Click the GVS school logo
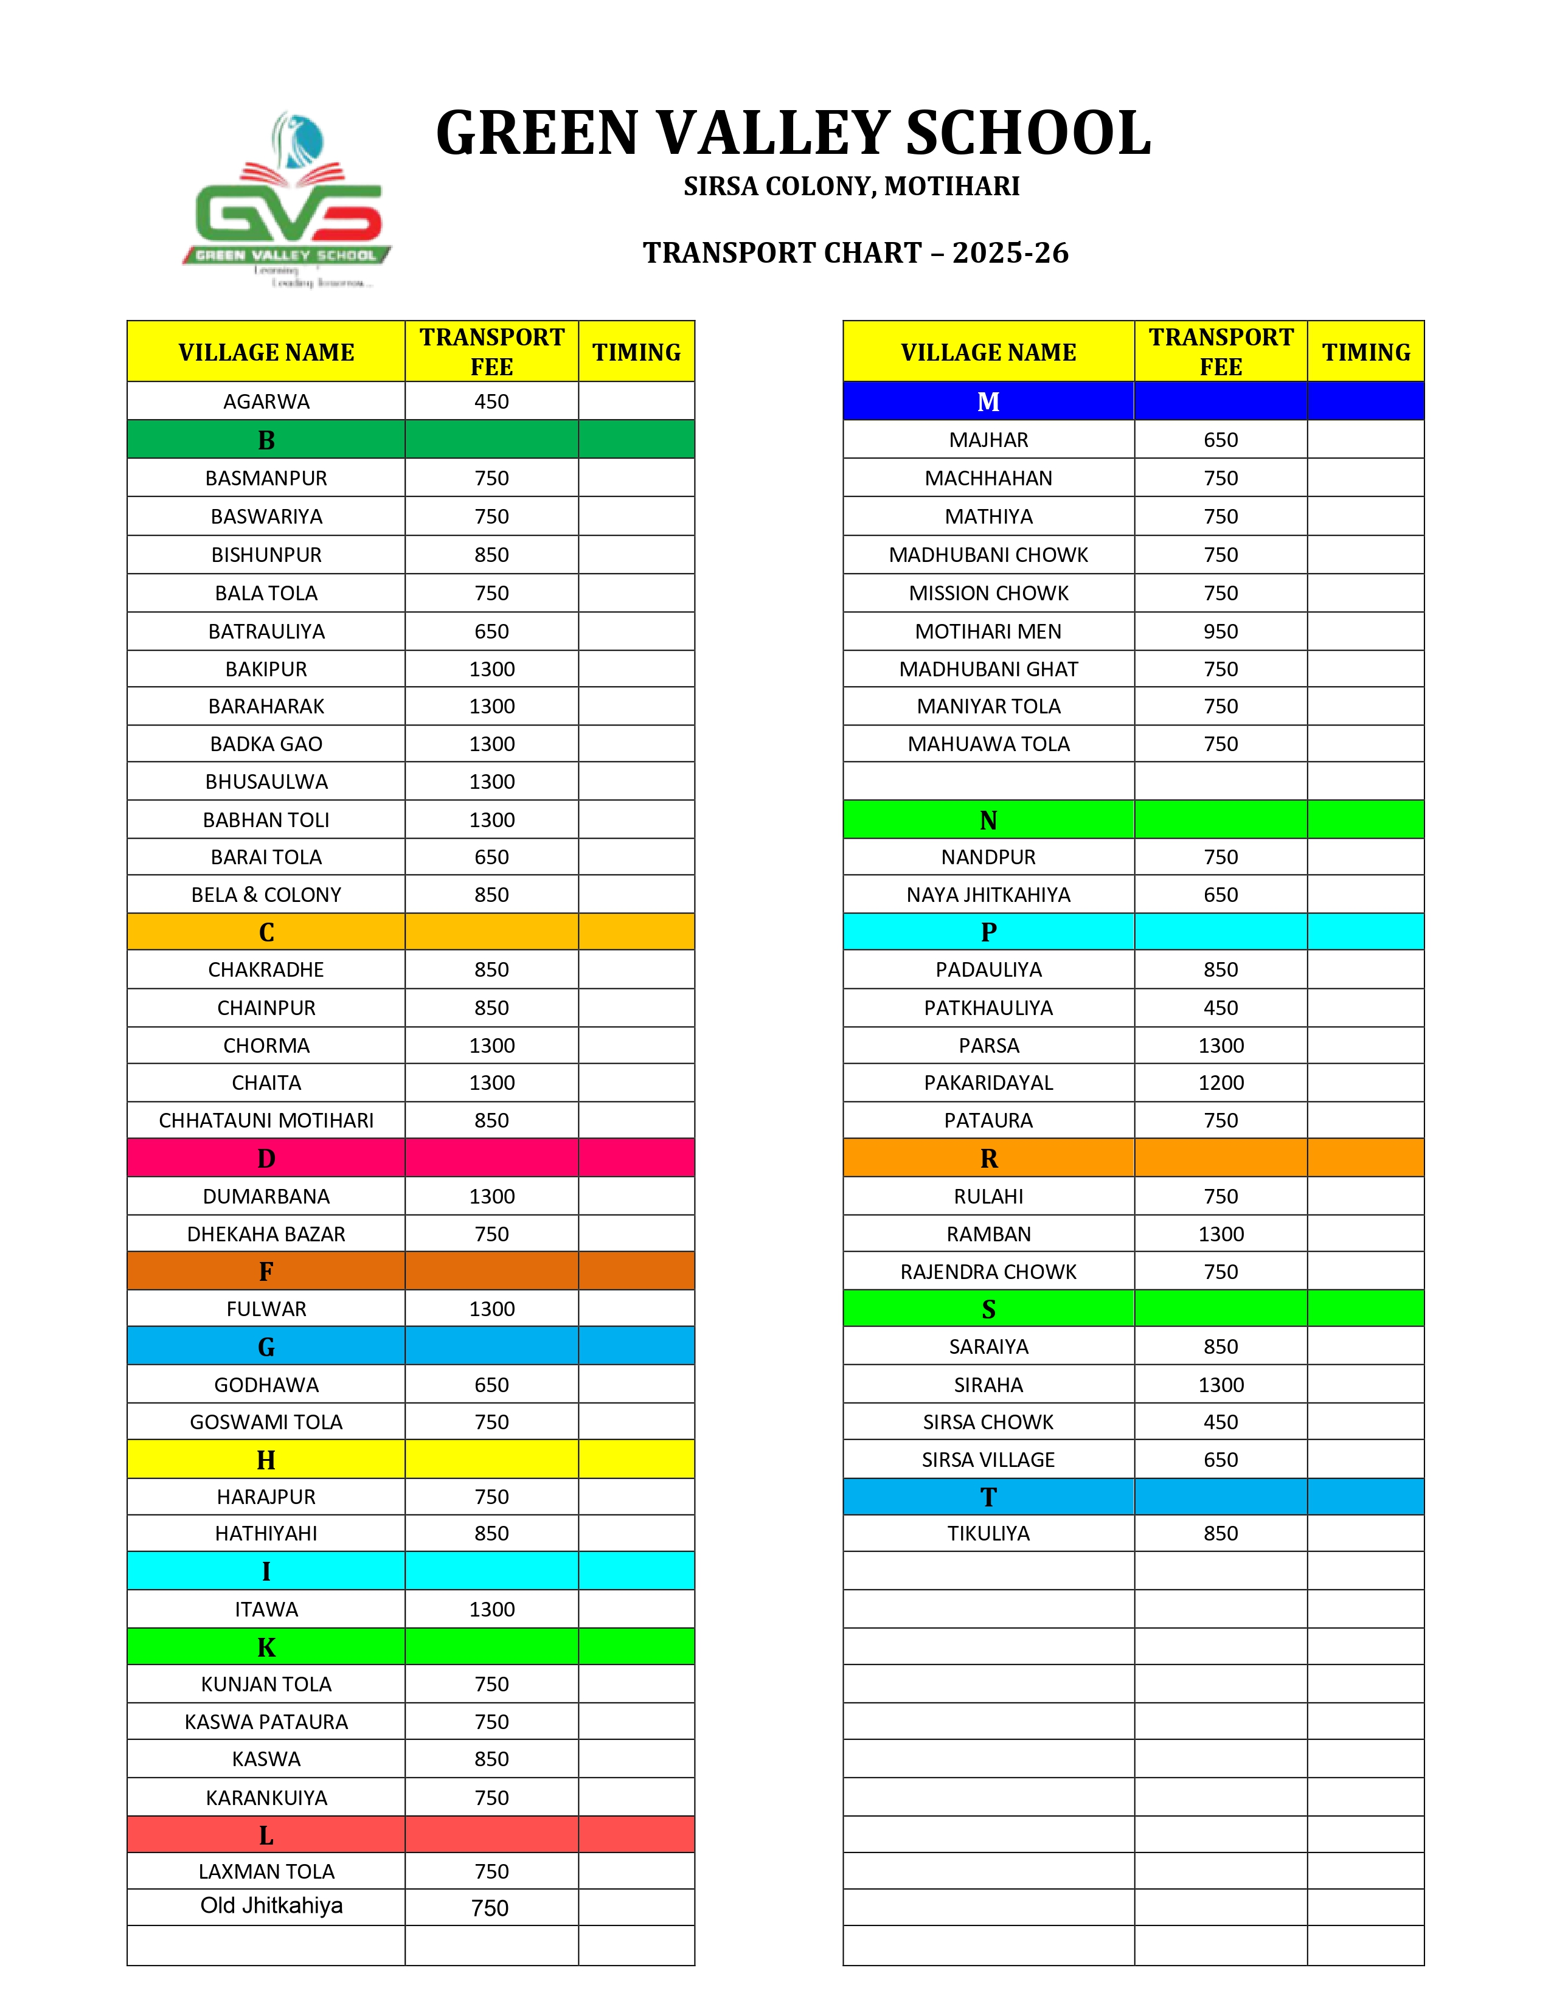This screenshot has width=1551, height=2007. tap(288, 200)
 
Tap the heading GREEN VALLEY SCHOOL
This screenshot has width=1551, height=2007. tap(793, 133)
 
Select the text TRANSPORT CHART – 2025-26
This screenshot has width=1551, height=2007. tap(855, 253)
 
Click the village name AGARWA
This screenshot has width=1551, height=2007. tap(266, 401)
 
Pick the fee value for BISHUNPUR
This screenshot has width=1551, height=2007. tap(491, 555)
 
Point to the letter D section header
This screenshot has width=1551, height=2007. tap(266, 1158)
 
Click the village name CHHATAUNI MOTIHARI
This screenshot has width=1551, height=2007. tap(266, 1120)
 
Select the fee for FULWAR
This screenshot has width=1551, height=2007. tap(491, 1309)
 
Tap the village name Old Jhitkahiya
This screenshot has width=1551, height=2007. tap(271, 1906)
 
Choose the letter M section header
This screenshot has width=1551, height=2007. tap(988, 401)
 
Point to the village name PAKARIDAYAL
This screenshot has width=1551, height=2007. tap(988, 1083)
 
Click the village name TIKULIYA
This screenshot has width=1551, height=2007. tap(988, 1534)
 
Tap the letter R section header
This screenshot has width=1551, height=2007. tap(988, 1158)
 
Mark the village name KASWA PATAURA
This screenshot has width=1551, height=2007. tap(266, 1722)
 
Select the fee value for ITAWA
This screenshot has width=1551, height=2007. tap(491, 1609)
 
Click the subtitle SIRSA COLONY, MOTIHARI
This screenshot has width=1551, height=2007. tap(852, 187)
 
